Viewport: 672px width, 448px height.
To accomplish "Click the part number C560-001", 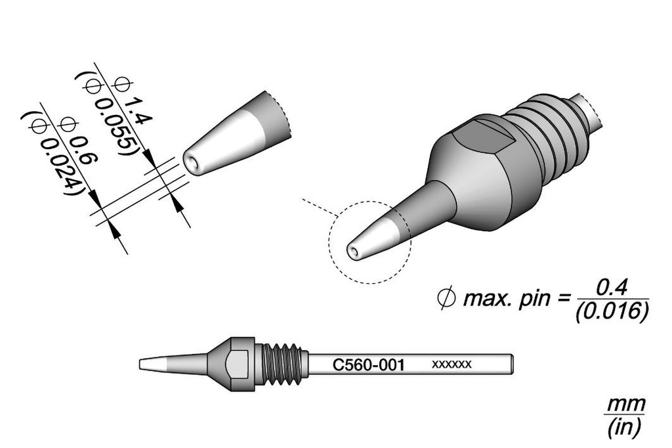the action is click(x=369, y=365).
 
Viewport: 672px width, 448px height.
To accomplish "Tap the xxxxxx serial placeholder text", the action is click(x=451, y=365).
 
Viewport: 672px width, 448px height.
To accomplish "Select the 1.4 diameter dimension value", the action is click(x=138, y=110).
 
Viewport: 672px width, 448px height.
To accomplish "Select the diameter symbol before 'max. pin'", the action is click(x=446, y=299).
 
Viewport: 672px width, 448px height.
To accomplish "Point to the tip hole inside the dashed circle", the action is click(x=354, y=251).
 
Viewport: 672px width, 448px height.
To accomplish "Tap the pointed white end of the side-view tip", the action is click(x=152, y=365).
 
